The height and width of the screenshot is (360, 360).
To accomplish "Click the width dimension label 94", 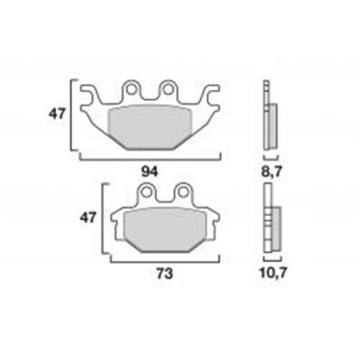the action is [150, 172].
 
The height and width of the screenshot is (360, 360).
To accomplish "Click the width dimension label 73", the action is [165, 274].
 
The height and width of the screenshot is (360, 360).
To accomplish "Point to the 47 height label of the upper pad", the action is [57, 114].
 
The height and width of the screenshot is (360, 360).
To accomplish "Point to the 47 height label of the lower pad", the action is [87, 217].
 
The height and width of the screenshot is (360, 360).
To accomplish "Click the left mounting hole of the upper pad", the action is [130, 89].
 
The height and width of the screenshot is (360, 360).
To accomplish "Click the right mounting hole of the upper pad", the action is [167, 89].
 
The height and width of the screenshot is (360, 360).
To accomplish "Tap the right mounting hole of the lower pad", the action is [182, 192].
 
